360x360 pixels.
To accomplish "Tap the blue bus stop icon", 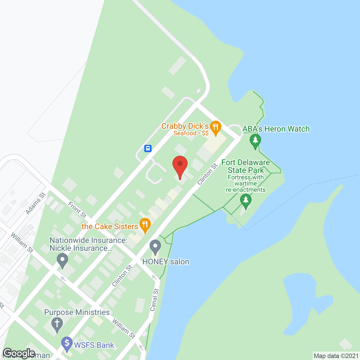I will (148, 148).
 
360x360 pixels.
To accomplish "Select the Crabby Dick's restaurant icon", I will (215, 127).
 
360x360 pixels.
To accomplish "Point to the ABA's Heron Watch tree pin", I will (255, 141).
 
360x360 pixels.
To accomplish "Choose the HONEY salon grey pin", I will (155, 247).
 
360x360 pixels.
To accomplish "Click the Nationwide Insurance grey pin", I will (62, 260).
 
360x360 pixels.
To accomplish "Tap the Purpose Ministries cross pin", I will (57, 324).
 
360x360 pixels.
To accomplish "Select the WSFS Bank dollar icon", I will (67, 343).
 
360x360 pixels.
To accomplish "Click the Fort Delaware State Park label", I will (246, 166).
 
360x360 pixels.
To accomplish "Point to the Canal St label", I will (154, 300).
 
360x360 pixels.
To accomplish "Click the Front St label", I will (77, 210).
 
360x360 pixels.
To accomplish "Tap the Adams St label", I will (35, 203).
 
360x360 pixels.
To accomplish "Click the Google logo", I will (19, 353).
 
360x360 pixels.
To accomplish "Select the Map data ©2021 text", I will (336, 356).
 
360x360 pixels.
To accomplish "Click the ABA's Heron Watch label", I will (276, 129).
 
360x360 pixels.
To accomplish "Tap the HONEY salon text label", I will (166, 262).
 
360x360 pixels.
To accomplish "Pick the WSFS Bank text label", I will (94, 345).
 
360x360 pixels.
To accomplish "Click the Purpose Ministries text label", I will (77, 312).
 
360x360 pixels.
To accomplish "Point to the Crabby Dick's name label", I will (185, 126).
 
